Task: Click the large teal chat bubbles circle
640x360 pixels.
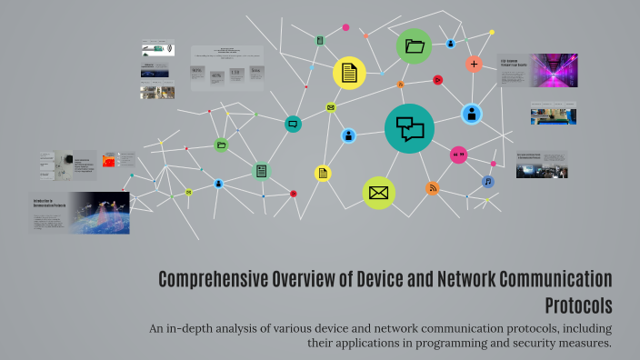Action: point(409,128)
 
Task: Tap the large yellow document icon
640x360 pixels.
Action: point(349,73)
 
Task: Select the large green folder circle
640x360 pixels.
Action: point(415,45)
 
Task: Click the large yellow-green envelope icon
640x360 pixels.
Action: point(379,193)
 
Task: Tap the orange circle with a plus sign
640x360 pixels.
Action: point(474,65)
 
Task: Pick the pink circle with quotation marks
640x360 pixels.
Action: point(459,155)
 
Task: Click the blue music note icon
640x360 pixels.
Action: point(488,181)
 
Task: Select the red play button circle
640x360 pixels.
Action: point(437,80)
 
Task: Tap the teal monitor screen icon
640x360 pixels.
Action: point(293,124)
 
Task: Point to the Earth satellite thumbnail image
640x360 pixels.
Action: point(99,212)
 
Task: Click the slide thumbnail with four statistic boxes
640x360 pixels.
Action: point(227,69)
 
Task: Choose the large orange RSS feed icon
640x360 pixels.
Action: point(433,188)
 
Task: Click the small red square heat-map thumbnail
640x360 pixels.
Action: point(109,160)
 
